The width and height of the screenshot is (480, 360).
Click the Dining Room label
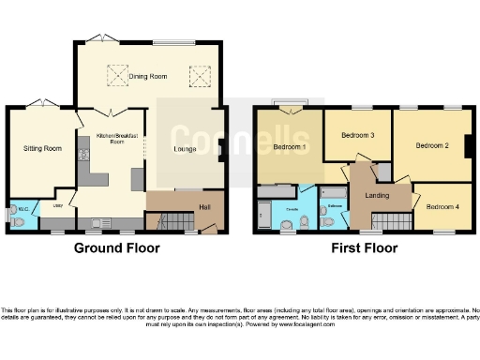[148, 77]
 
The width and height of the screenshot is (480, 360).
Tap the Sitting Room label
[42, 148]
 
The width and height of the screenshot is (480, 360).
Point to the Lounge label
[185, 148]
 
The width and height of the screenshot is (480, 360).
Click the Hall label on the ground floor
[203, 207]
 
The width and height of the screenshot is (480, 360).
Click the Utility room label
[58, 207]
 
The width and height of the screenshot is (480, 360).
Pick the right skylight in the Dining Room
[199, 73]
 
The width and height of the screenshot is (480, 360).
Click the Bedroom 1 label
[288, 147]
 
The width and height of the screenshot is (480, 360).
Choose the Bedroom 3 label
[357, 136]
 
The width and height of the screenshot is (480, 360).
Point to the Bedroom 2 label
[432, 146]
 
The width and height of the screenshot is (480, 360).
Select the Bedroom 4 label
[441, 206]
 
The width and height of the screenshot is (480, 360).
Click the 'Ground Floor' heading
[117, 248]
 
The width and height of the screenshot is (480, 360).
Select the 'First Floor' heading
[364, 248]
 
